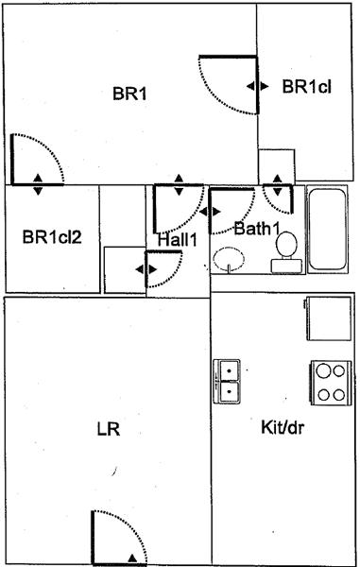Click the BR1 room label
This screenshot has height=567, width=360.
(129, 94)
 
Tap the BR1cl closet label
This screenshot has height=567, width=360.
(306, 87)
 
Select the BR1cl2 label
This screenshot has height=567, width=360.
(52, 237)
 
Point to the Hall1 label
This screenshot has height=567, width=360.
(178, 240)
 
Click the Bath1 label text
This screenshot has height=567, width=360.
(257, 229)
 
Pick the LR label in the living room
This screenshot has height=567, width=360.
(109, 429)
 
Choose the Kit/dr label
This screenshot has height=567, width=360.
(283, 427)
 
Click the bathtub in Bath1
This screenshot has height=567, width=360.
(328, 230)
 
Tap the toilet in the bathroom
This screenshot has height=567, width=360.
(286, 252)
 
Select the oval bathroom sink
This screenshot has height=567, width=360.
(229, 259)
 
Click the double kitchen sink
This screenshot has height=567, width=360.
(227, 381)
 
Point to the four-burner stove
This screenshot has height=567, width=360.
(331, 383)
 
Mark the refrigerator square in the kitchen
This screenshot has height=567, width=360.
(329, 318)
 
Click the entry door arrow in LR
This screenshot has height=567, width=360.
(133, 558)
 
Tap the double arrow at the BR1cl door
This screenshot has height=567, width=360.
(258, 86)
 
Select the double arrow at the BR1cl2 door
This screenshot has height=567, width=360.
(38, 184)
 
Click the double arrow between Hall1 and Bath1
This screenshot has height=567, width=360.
(210, 212)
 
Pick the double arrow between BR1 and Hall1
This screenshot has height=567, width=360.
(179, 185)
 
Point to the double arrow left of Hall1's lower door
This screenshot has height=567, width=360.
(146, 269)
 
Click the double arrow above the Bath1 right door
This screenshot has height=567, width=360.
(277, 185)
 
